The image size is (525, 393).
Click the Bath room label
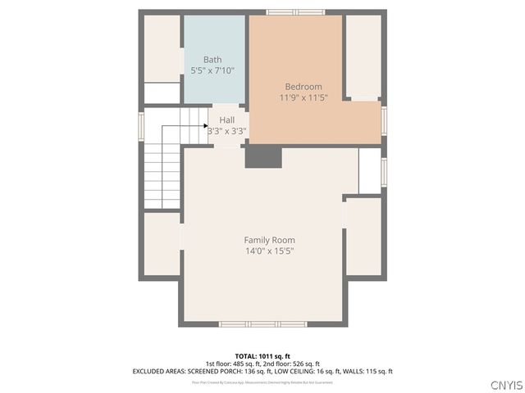pos(212,59)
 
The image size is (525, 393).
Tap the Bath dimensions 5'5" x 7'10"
pos(212,70)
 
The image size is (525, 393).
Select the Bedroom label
pos(303,87)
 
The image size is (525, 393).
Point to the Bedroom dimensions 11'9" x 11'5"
pos(303,98)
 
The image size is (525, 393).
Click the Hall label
pos(226,120)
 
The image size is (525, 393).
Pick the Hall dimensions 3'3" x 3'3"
pos(226,130)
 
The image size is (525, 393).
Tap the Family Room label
pos(268,240)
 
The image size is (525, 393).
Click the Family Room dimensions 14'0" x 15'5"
pos(268,251)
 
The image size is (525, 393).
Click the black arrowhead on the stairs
pos(205,126)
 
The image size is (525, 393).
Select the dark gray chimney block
pos(263,156)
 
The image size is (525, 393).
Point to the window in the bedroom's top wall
pos(296,12)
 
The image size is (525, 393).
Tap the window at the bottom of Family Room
pos(262,324)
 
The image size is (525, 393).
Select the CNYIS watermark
pos(504,385)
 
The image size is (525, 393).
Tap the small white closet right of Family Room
pos(370,170)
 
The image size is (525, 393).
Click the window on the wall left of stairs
pos(140,126)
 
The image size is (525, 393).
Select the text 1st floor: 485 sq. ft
pos(233,364)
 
